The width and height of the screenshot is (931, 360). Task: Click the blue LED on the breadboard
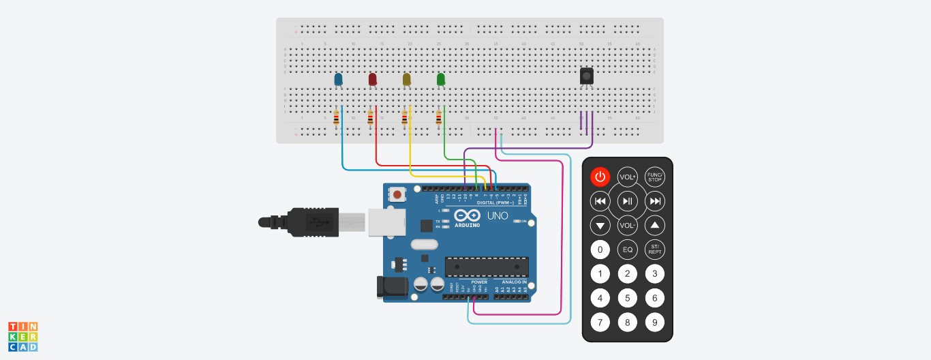[338, 80]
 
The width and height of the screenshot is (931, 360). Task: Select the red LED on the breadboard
[372, 80]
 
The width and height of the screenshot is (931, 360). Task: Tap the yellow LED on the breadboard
[407, 80]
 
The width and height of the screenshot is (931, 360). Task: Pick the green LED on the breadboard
[441, 80]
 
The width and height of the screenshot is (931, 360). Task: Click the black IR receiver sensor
[586, 76]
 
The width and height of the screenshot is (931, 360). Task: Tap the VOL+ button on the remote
[627, 177]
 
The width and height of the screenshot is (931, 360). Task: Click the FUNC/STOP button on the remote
[655, 177]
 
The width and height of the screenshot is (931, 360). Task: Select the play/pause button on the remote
[627, 201]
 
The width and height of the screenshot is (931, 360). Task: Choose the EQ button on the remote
[627, 250]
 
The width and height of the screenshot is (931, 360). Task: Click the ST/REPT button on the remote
[655, 250]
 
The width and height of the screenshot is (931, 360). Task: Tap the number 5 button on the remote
[627, 298]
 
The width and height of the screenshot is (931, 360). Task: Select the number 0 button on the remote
[600, 250]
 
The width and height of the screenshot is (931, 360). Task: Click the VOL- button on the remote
[627, 225]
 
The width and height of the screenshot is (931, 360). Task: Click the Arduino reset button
[397, 195]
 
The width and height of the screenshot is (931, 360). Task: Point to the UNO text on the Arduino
[498, 215]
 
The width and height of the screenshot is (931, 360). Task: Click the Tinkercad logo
[22, 337]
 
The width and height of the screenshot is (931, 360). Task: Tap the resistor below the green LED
[438, 119]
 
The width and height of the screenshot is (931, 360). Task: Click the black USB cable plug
[300, 222]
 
